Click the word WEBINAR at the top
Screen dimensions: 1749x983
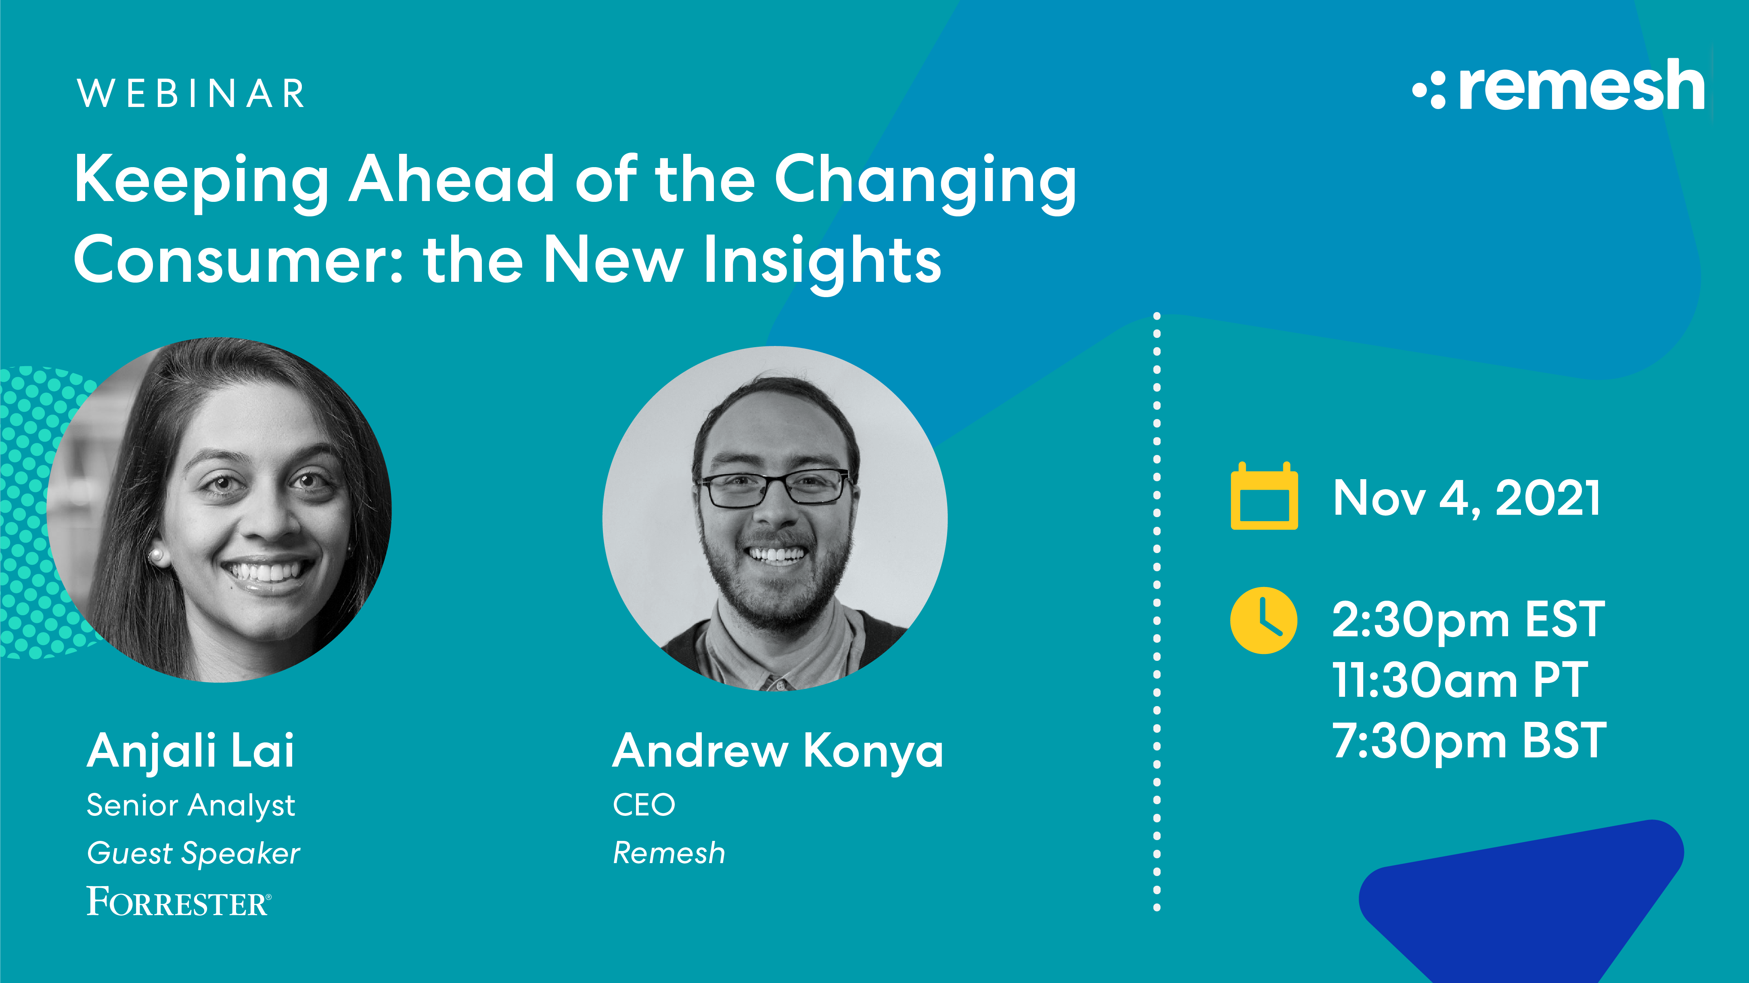coord(191,94)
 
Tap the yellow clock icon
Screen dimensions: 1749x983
coord(1264,620)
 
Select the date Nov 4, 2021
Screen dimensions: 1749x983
coord(1467,499)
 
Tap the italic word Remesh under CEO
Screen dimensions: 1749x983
coord(669,853)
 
